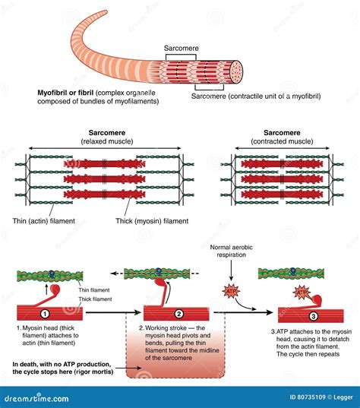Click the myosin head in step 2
pyautogui.click(x=163, y=285)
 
